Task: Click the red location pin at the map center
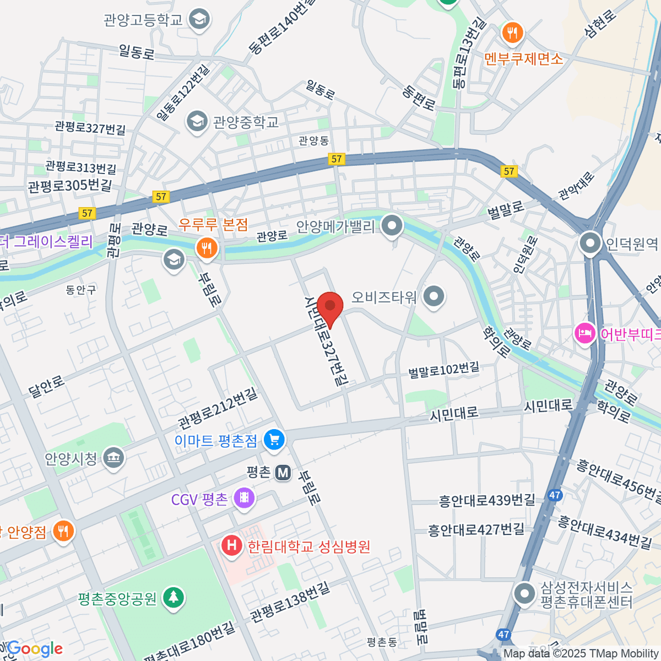(330, 306)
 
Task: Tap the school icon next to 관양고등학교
(198, 20)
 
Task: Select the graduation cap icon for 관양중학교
(197, 121)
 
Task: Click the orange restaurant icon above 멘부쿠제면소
(512, 33)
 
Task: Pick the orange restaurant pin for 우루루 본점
(207, 248)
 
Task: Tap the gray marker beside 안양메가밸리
(392, 226)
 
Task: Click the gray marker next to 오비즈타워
(434, 297)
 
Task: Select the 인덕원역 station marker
(590, 243)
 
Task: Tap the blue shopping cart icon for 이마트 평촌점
(274, 440)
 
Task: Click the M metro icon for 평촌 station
(283, 472)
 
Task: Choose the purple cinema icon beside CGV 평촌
(244, 499)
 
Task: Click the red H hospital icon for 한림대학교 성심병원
(232, 546)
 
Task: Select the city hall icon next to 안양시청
(114, 458)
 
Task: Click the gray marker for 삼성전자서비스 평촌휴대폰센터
(524, 594)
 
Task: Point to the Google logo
(34, 649)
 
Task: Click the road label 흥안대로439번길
(487, 500)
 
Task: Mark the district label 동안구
(81, 290)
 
